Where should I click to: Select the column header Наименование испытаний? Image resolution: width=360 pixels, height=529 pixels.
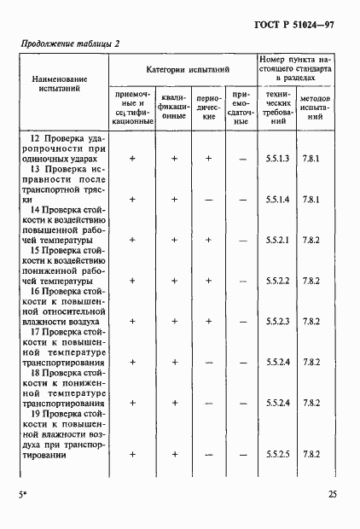[x=60, y=83]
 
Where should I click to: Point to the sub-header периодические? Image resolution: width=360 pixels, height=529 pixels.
[x=208, y=108]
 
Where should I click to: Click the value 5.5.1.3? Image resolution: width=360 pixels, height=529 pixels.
[x=278, y=159]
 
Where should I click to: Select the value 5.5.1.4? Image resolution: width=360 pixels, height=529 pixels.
[x=278, y=200]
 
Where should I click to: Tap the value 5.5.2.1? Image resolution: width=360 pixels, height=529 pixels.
[x=278, y=241]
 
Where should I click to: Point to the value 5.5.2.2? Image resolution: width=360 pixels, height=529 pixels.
[x=278, y=281]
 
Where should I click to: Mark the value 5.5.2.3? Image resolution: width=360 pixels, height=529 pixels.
[x=278, y=322]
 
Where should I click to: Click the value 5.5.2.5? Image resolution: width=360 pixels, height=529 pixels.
[x=278, y=455]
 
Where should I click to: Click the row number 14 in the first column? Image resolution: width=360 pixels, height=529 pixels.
[x=35, y=210]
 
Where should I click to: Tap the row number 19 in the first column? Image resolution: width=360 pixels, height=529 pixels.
[x=35, y=414]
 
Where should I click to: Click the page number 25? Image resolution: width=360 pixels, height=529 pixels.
[x=332, y=493]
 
